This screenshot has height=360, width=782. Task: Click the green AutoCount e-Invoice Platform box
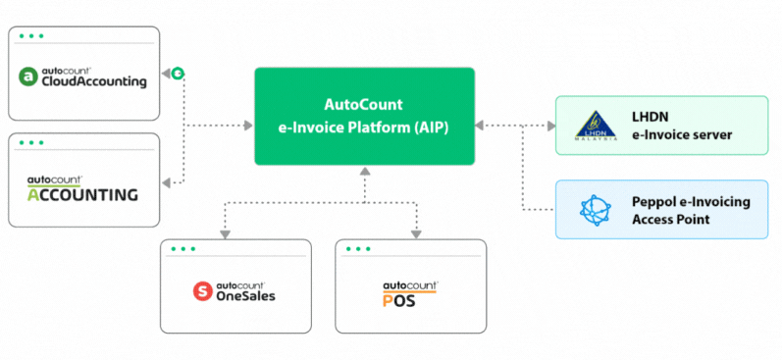coord(364,116)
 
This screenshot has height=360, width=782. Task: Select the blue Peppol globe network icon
coord(595,210)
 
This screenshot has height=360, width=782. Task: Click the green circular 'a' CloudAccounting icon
coord(30,77)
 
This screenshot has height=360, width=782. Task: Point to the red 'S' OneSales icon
coord(201,290)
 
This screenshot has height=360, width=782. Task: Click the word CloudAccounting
coord(94,82)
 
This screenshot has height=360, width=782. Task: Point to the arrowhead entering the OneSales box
coord(226,234)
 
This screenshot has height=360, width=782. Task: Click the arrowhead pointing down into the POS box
coord(416,234)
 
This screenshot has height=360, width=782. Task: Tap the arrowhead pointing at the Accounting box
coord(167,182)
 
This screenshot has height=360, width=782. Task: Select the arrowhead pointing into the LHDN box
coord(549,126)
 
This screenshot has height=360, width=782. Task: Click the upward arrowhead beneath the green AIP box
coord(364,172)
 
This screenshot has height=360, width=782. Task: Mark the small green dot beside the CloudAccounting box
coord(178,74)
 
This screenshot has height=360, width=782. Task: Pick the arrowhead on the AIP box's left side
coord(247,126)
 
